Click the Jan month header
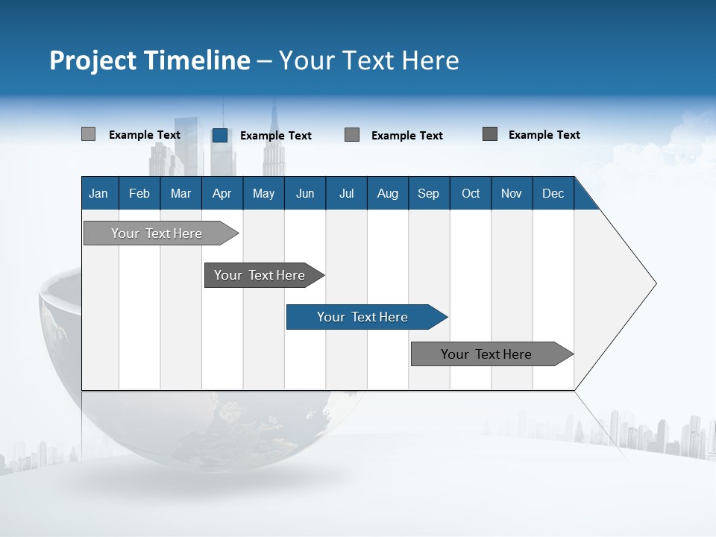[x=99, y=193]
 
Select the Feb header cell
[x=139, y=193]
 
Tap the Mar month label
[x=180, y=193]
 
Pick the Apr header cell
[x=222, y=193]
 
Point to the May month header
[x=263, y=193]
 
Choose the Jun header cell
[x=305, y=193]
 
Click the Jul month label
[x=346, y=193]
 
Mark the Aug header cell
[x=388, y=193]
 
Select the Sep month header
[x=429, y=193]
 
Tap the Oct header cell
[x=471, y=193]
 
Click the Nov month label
[x=512, y=193]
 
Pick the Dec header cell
[x=553, y=193]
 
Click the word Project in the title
[x=92, y=60]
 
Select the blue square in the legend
[x=220, y=135]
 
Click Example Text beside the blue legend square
[x=276, y=135]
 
